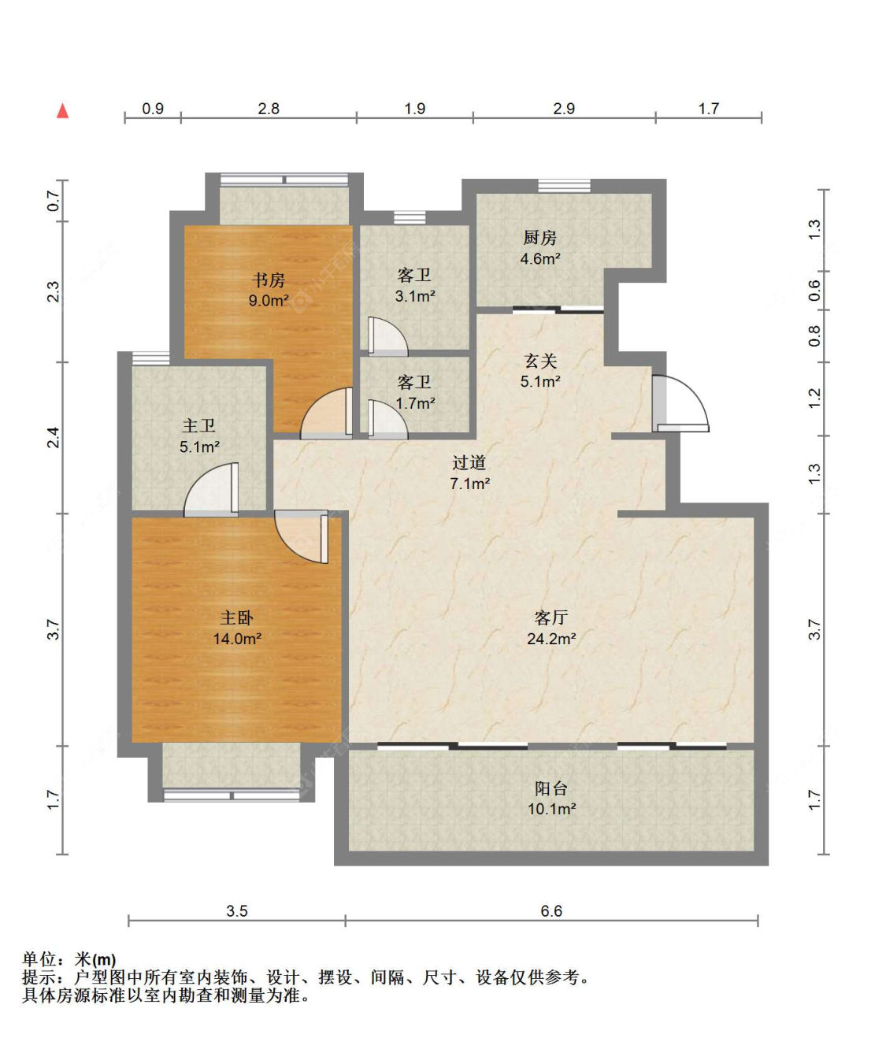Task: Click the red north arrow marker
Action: [x=62, y=111]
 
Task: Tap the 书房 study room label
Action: [x=269, y=280]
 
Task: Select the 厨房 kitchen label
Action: [x=540, y=238]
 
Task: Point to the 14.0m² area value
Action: [x=237, y=639]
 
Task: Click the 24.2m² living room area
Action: [x=551, y=639]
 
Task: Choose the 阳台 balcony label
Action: [x=551, y=788]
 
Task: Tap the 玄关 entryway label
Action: [x=540, y=361]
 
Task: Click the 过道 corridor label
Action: [x=469, y=462]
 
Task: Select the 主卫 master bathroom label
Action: [x=199, y=426]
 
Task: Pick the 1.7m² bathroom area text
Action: [x=415, y=403]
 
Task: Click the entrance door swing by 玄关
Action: [x=680, y=403]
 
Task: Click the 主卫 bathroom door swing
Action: [x=211, y=490]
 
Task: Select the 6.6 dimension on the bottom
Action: [x=551, y=911]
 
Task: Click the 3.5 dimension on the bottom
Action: [x=236, y=911]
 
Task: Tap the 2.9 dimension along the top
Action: [x=564, y=109]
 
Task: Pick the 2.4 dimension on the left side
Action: [x=54, y=437]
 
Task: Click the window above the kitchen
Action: [x=564, y=186]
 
